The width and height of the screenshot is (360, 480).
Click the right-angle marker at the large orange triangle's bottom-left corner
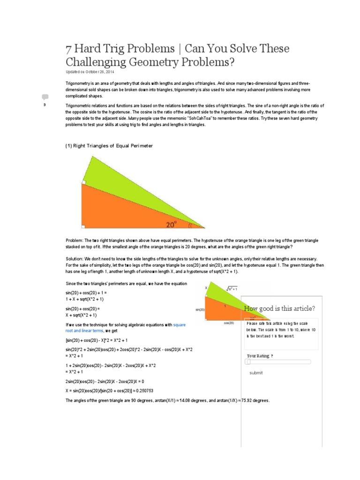click(83, 226)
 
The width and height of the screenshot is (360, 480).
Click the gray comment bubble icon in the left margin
click(45, 97)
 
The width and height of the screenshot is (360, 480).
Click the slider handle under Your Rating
click(248, 361)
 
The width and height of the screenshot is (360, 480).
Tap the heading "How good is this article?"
click(279, 308)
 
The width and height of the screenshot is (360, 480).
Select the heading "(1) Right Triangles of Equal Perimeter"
click(109, 146)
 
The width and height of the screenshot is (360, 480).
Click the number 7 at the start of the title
click(68, 49)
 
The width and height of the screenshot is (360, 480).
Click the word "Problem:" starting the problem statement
click(74, 240)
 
